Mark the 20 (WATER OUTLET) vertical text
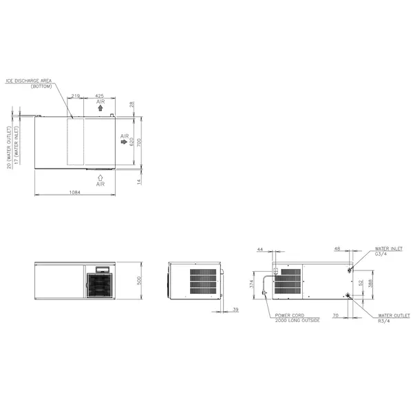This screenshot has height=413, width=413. [x=9, y=147]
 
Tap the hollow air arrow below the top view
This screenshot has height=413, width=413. [x=100, y=177]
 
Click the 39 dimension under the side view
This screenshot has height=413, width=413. [x=235, y=310]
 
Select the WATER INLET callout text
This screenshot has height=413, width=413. [x=388, y=248]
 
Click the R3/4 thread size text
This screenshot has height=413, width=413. [x=383, y=320]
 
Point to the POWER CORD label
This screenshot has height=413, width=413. [x=289, y=315]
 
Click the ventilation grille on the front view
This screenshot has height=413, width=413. [x=99, y=284]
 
